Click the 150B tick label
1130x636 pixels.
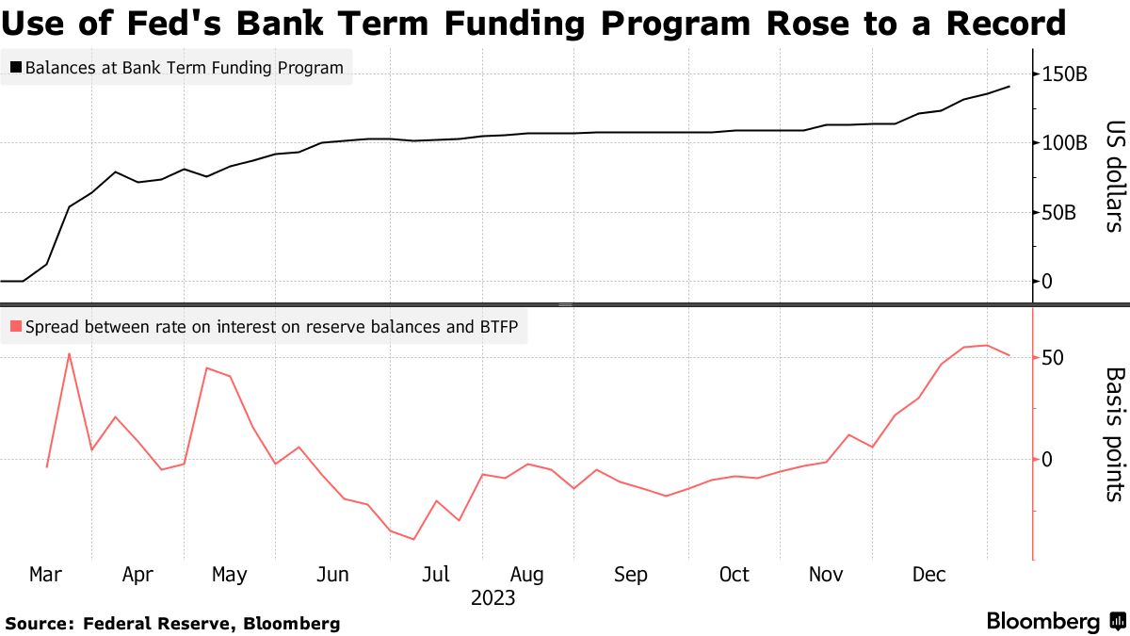tap(1064, 74)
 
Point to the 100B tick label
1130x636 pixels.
tap(1064, 143)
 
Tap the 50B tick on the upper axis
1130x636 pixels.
tap(1058, 213)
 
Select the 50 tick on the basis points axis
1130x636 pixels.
tap(1053, 359)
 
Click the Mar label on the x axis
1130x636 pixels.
tap(45, 574)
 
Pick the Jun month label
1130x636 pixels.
tap(333, 574)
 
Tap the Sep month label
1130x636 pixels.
tap(631, 574)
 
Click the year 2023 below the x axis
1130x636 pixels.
tap(492, 598)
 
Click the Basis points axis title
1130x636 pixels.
tap(1114, 433)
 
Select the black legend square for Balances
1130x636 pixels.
tap(15, 68)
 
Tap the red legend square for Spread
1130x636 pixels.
tap(15, 328)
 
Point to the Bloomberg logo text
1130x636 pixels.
tap(1043, 622)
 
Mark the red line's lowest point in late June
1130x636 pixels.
tap(413, 539)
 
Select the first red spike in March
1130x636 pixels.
tap(69, 353)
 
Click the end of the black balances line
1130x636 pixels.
tap(1009, 87)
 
